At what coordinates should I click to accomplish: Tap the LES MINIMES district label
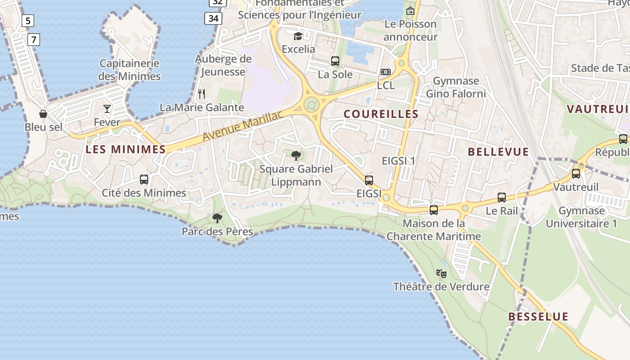126,149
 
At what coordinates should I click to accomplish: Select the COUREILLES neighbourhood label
381,114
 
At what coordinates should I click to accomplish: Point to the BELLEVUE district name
498,152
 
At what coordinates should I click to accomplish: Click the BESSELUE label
538,317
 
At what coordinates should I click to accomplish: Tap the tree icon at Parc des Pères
217,219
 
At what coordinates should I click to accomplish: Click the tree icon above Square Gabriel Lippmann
296,156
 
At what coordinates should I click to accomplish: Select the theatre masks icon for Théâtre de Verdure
441,273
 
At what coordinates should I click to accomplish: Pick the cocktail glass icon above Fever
107,108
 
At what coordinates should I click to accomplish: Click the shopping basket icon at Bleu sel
43,114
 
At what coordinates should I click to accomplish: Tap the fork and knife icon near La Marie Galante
202,94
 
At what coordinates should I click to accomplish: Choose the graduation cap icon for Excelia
298,36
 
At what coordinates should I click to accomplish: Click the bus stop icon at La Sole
335,61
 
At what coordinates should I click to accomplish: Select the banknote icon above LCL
386,72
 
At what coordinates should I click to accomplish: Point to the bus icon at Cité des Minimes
144,180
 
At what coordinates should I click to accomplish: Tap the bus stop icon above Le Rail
502,198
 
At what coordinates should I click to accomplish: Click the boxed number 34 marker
213,18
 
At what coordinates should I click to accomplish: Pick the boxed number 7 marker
33,40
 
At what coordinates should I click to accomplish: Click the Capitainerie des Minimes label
130,70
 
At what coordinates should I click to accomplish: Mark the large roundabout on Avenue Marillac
311,105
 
